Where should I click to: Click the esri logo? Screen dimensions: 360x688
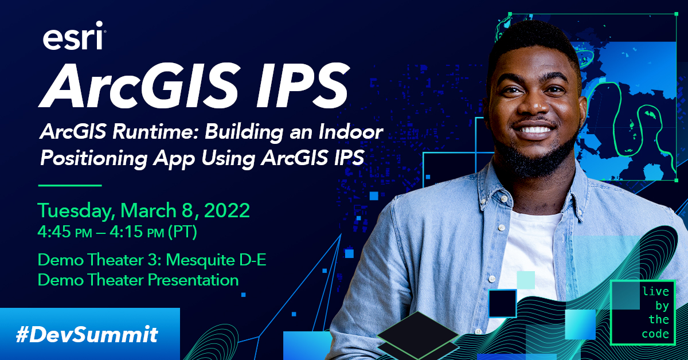coord(73,38)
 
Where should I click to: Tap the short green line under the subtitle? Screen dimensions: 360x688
coord(69,185)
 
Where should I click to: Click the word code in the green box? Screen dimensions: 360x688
coord(655,334)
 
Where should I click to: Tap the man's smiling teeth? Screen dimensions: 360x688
coord(535,130)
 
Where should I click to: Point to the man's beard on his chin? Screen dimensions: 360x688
coord(536,158)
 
